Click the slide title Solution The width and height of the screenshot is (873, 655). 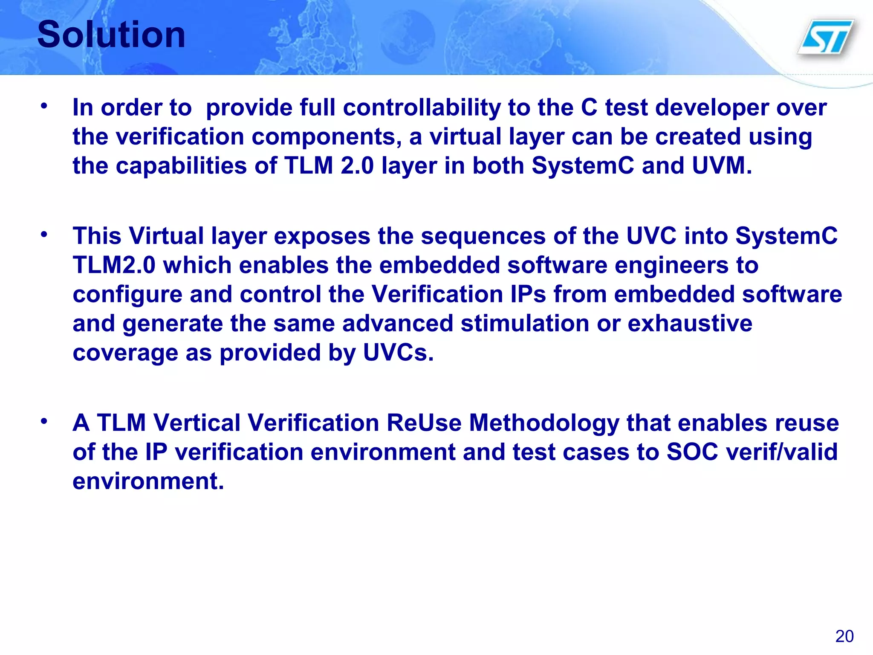click(x=111, y=35)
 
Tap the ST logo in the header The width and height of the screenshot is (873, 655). click(x=826, y=37)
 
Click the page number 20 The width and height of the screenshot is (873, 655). click(x=844, y=636)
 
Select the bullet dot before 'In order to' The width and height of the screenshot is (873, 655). click(x=44, y=105)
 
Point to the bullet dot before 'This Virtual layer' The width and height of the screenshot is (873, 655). click(x=44, y=234)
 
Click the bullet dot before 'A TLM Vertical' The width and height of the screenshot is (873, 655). click(x=44, y=421)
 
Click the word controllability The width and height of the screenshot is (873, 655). click(x=422, y=107)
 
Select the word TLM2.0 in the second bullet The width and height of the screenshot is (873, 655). click(x=114, y=265)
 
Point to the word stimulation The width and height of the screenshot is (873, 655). click(x=525, y=323)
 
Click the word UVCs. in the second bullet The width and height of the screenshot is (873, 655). click(x=398, y=353)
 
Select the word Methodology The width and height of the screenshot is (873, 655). click(x=544, y=423)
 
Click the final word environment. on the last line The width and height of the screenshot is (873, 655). click(x=148, y=481)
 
